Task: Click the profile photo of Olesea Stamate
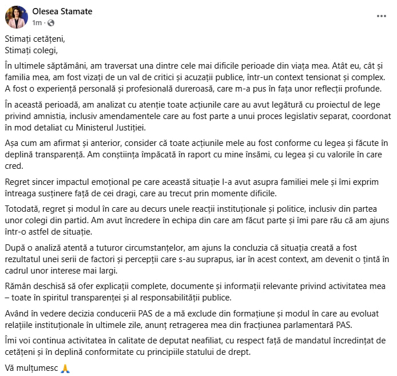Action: click(x=16, y=17)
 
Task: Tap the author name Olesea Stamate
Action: click(x=62, y=11)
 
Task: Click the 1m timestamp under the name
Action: click(x=37, y=23)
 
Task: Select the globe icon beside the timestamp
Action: click(x=50, y=23)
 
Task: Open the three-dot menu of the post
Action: click(x=382, y=16)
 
